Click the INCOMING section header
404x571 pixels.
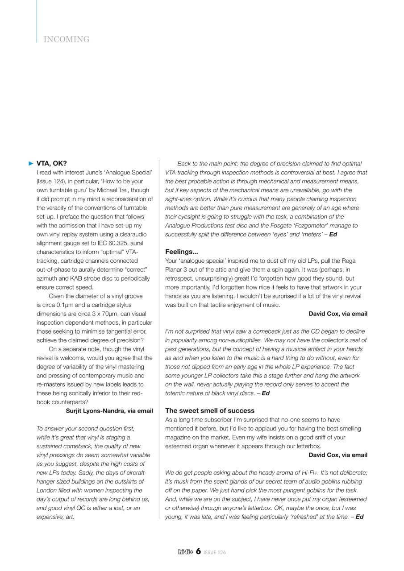pyautogui.click(x=67, y=40)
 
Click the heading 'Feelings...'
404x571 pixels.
pyautogui.click(x=181, y=251)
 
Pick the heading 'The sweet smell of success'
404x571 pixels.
pyautogui.click(x=210, y=410)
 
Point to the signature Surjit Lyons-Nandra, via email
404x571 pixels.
pyautogui.click(x=109, y=410)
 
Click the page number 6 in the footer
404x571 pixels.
pyautogui.click(x=198, y=552)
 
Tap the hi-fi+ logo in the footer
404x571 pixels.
pyautogui.click(x=185, y=552)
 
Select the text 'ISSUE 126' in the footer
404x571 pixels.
pyautogui.click(x=215, y=552)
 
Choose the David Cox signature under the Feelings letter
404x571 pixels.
pyautogui.click(x=338, y=314)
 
